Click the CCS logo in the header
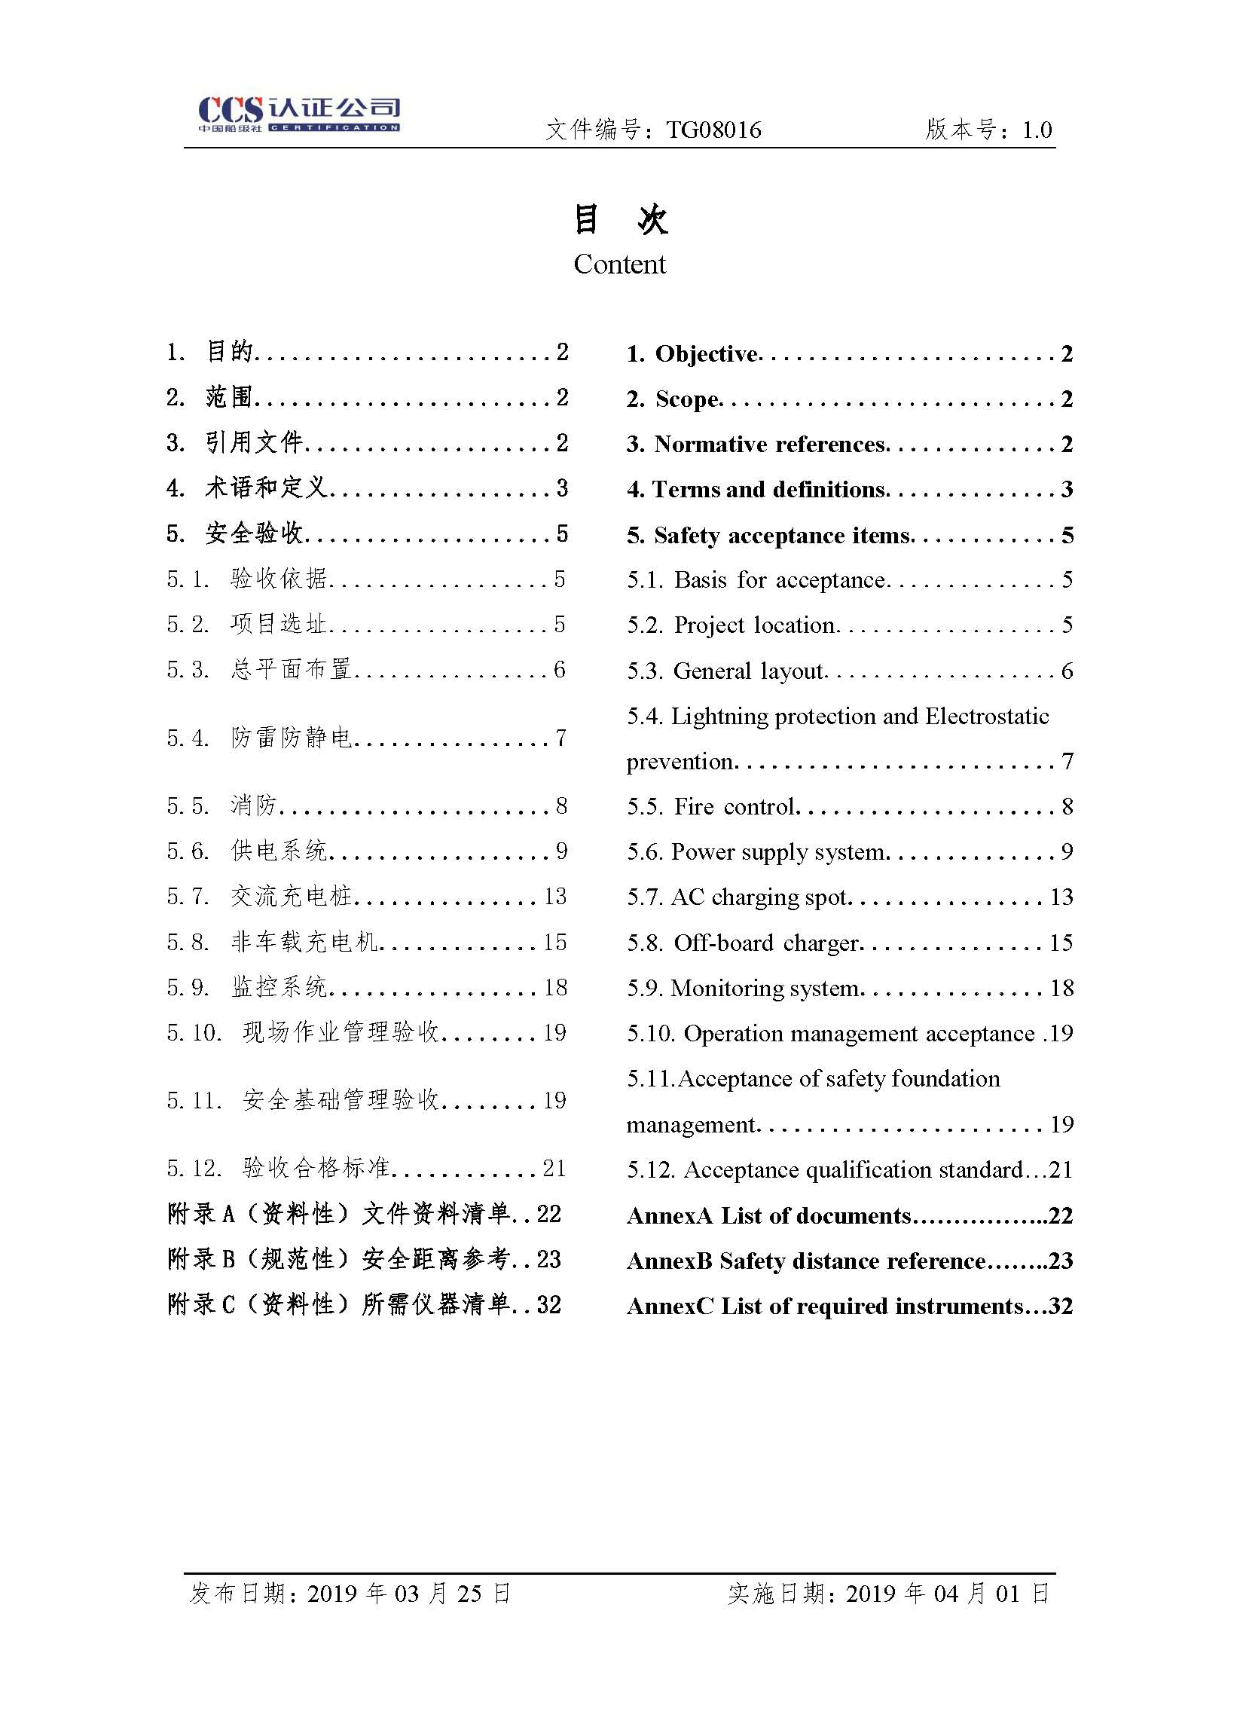298,115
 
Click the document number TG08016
713,130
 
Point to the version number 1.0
1037,130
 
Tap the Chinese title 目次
620,220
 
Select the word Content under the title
619,264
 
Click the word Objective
707,353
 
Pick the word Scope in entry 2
686,399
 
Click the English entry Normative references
769,444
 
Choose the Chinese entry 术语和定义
266,487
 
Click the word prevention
679,762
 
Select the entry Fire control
734,806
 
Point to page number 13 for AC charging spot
1061,897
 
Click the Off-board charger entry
765,943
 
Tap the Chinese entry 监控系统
279,987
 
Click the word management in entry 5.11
690,1124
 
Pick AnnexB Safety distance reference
806,1261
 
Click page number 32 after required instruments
1061,1306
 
